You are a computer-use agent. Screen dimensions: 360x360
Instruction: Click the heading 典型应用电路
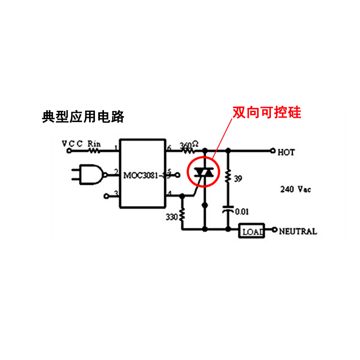82,117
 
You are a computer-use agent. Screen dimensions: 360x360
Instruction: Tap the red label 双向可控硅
266,112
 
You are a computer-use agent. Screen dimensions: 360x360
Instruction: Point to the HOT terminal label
286,153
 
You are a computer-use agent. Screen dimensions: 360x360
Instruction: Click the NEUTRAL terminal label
298,232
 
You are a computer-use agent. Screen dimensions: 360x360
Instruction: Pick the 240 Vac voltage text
295,189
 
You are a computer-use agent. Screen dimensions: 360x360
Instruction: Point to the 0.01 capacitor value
242,211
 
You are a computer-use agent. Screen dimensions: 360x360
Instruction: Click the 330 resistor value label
171,217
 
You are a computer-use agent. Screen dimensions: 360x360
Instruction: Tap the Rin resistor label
94,144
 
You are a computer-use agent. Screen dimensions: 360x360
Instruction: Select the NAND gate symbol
91,175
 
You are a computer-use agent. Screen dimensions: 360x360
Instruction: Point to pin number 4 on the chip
169,193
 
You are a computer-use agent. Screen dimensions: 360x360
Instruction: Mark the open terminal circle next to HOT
272,151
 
